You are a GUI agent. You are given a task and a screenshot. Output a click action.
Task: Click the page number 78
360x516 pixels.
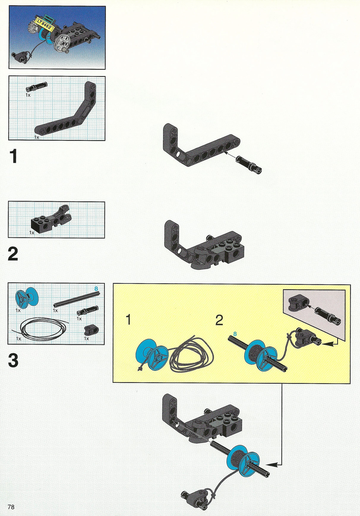point(11,506)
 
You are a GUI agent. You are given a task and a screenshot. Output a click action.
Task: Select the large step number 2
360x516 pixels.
point(13,254)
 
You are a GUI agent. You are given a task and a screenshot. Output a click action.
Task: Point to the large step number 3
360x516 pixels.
point(13,360)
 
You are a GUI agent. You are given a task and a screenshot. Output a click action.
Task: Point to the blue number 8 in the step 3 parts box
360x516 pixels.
point(96,288)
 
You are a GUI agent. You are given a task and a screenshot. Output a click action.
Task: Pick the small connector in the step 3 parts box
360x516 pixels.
point(91,330)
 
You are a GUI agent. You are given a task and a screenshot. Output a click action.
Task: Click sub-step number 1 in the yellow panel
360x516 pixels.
point(128,320)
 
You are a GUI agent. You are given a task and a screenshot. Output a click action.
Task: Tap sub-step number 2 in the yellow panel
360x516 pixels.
point(219,320)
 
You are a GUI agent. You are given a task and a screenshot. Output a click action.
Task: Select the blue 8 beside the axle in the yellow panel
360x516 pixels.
point(235,334)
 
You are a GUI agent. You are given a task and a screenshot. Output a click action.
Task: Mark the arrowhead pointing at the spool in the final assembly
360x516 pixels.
point(272,465)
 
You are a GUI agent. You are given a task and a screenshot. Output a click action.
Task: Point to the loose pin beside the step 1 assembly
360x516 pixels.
point(249,165)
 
